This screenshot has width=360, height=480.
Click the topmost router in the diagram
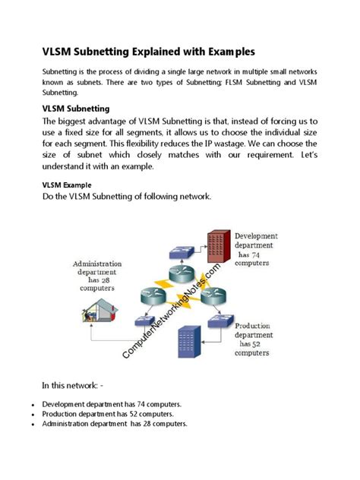[x=183, y=264]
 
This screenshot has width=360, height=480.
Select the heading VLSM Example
[x=66, y=185]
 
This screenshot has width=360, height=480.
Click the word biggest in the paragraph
[x=80, y=121]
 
